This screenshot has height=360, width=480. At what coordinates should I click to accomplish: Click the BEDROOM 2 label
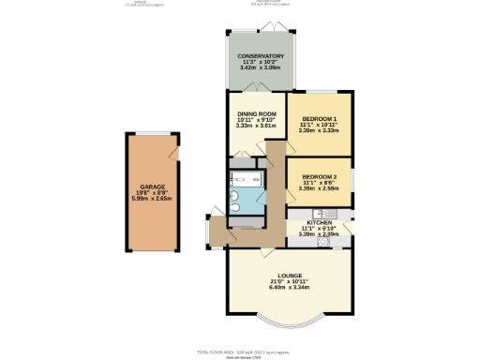pyautogui.click(x=320, y=175)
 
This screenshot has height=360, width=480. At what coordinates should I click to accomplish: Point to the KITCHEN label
pyautogui.click(x=320, y=223)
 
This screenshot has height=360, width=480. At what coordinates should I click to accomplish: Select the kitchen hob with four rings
pyautogui.click(x=323, y=241)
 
